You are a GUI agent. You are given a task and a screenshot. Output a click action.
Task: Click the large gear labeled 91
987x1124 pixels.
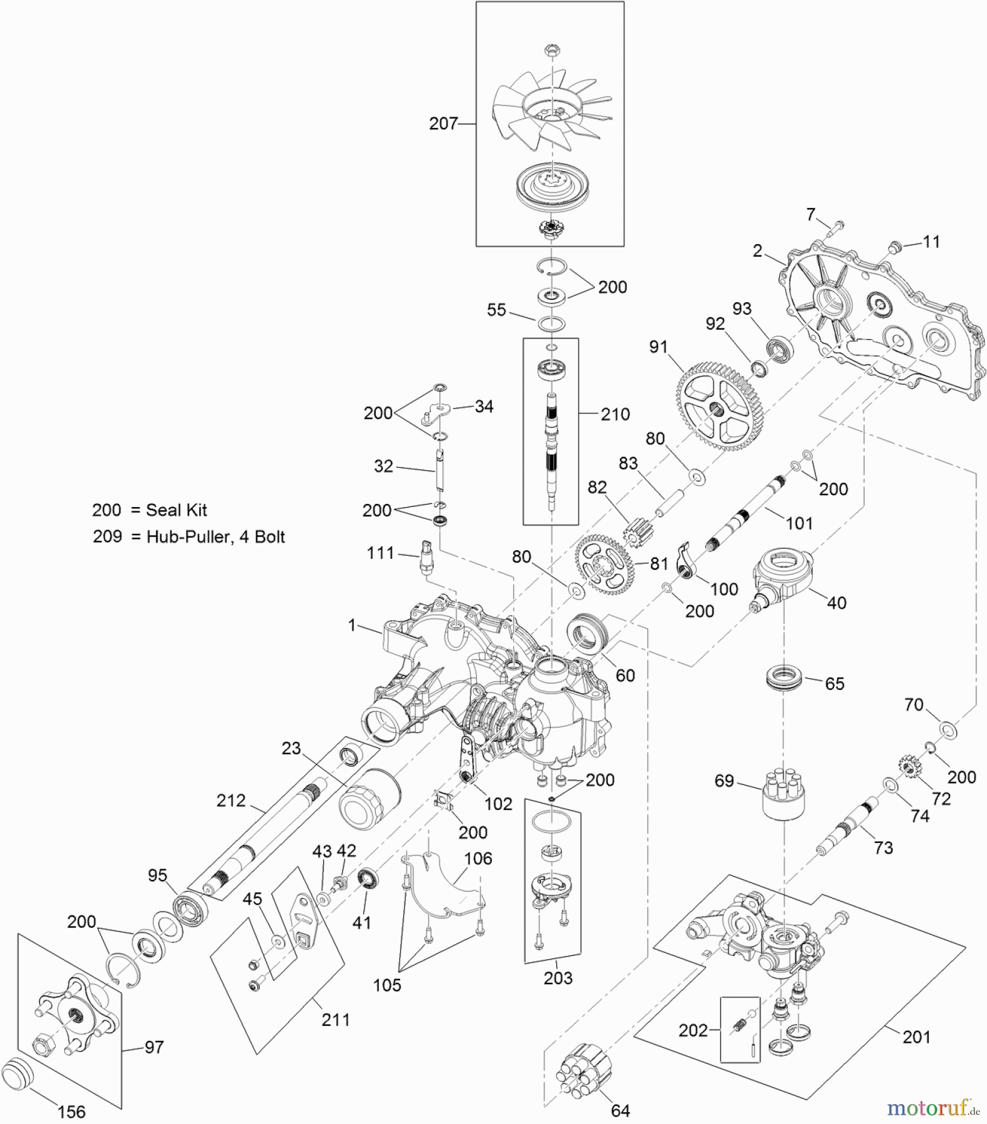[x=716, y=408]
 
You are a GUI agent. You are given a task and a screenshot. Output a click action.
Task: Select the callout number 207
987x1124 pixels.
[x=443, y=124]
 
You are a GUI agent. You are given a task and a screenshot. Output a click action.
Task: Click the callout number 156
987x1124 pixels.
[x=71, y=1112]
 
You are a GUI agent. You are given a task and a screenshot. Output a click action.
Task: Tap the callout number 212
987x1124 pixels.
[x=231, y=801]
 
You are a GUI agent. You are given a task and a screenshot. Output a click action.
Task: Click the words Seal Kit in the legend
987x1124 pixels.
[x=176, y=510]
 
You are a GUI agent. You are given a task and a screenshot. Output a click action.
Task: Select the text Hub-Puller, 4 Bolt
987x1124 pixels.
[x=215, y=537]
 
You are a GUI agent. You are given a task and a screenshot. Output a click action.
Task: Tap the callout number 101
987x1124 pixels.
[x=799, y=523]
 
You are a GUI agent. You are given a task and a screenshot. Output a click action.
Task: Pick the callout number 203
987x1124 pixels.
[x=557, y=978]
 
